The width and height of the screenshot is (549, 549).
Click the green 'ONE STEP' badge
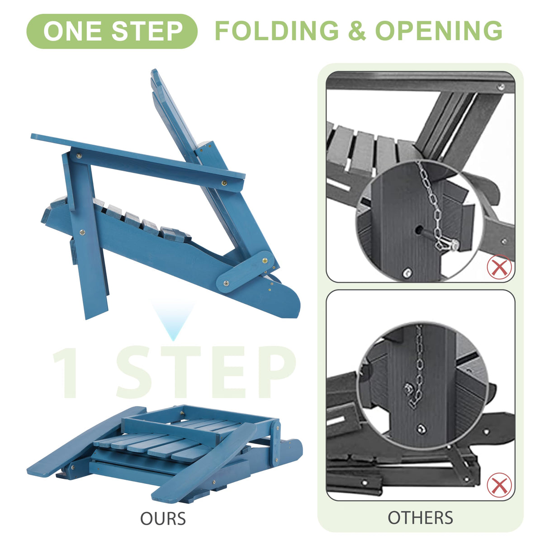(x=112, y=31)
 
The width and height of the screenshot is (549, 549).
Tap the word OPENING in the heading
(x=439, y=31)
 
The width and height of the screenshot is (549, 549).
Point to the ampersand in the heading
(x=357, y=31)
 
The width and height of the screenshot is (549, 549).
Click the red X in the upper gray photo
(x=499, y=267)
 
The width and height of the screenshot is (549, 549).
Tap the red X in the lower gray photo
(x=499, y=485)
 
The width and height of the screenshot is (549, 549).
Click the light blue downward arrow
(x=173, y=321)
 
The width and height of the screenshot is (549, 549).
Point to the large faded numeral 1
(x=66, y=372)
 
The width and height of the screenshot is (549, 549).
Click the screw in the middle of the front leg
(x=82, y=232)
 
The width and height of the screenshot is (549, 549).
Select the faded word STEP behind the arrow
(x=206, y=372)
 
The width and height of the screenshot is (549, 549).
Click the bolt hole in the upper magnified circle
(x=419, y=230)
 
